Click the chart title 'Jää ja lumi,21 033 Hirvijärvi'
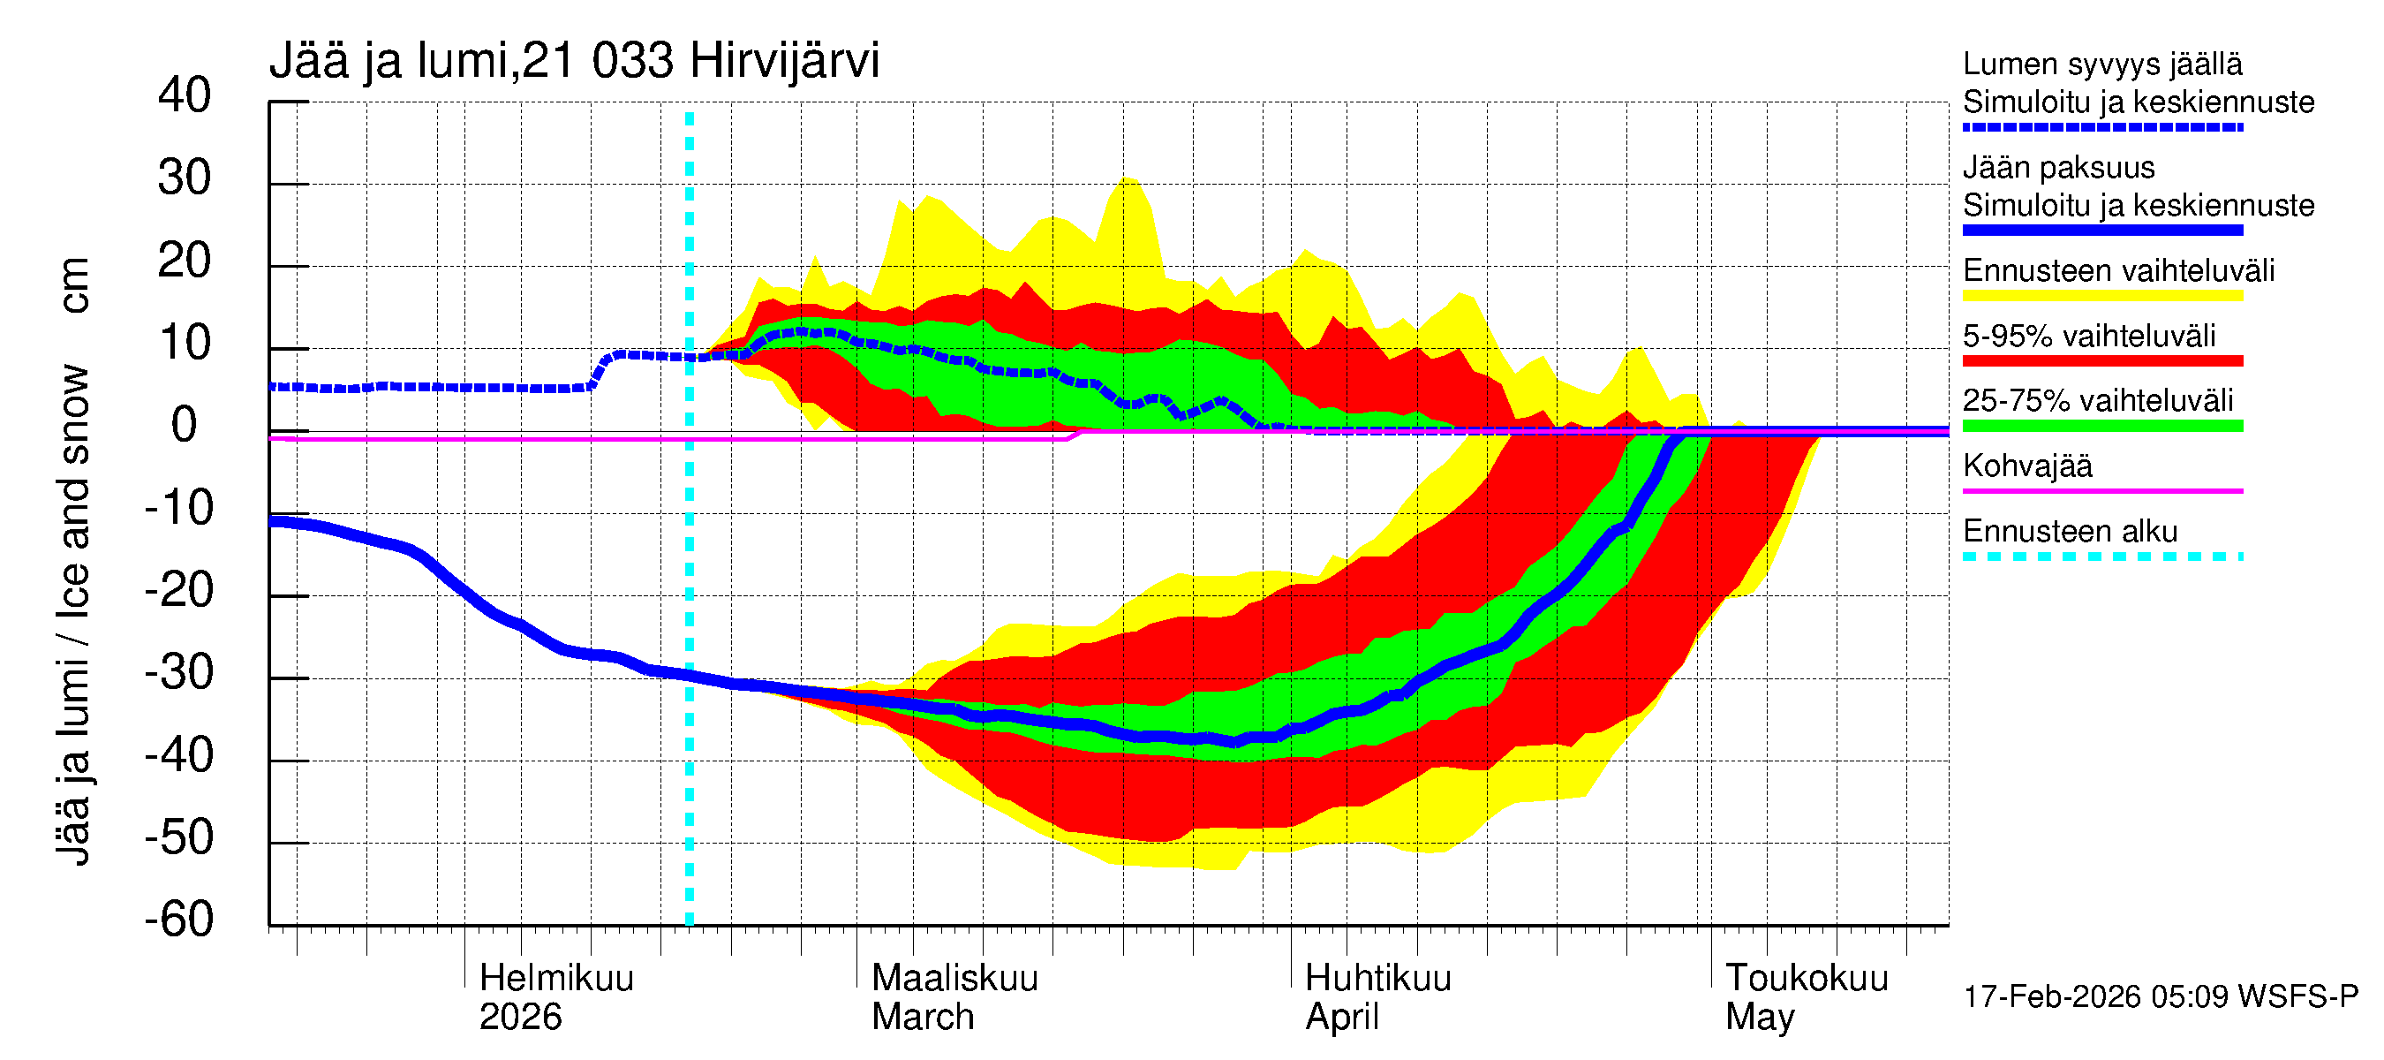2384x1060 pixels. point(574,61)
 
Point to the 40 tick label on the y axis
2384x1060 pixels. point(185,95)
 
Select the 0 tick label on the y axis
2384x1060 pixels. point(185,425)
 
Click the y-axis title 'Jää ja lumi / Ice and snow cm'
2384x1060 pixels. point(73,560)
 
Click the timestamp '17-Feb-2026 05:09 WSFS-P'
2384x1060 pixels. point(2160,997)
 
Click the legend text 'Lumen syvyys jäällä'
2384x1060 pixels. point(2101,64)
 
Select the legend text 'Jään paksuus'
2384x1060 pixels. point(2058,168)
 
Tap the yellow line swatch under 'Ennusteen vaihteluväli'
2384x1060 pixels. point(2101,296)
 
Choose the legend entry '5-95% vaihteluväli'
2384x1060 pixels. point(2089,336)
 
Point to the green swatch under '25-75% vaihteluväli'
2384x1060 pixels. point(2101,426)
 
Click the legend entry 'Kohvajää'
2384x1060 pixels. point(2026,466)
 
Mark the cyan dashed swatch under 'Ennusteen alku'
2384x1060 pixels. point(2101,556)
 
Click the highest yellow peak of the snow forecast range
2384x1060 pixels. point(1128,178)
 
